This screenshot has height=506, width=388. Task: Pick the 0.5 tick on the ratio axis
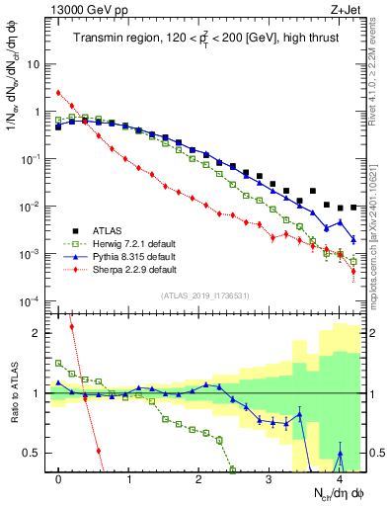[37, 453]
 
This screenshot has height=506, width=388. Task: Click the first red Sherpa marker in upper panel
[59, 93]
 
